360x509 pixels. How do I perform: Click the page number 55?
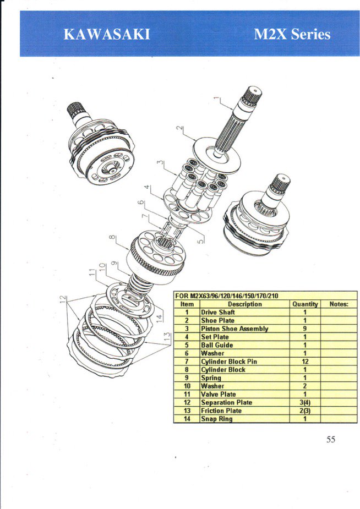pyautogui.click(x=330, y=440)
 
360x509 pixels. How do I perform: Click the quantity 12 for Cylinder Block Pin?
pyautogui.click(x=305, y=362)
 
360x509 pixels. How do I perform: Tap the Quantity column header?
pyautogui.click(x=305, y=304)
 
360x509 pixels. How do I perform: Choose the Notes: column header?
pyautogui.click(x=339, y=304)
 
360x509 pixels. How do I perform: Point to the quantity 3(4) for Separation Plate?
pyautogui.click(x=305, y=403)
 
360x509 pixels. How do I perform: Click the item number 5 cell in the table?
pyautogui.click(x=187, y=345)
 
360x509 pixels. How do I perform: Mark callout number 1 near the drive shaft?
pyautogui.click(x=217, y=98)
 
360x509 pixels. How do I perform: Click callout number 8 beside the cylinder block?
pyautogui.click(x=112, y=238)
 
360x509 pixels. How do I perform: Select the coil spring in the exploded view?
pyautogui.click(x=140, y=284)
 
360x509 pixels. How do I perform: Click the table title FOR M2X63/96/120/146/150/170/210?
pyautogui.click(x=227, y=295)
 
